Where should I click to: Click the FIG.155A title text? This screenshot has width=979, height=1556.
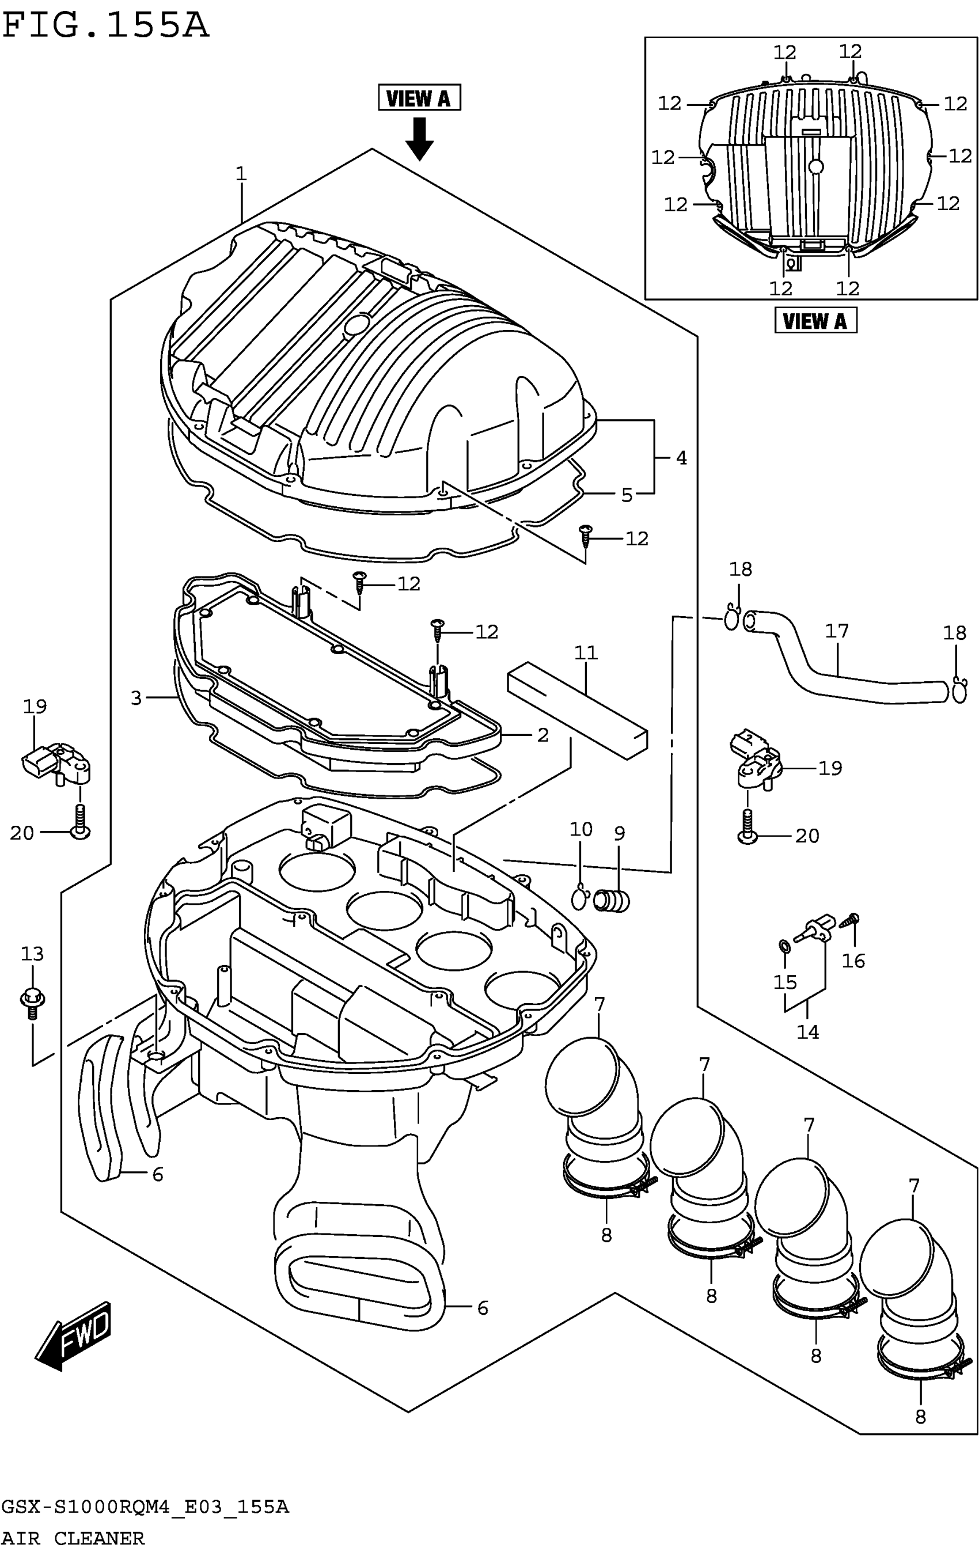coord(105,26)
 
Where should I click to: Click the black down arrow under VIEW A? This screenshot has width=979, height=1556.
coord(419,139)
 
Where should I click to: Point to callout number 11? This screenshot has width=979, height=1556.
coord(586,652)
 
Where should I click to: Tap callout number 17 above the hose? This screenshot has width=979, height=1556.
coord(837,631)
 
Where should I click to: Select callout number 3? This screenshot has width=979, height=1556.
coord(136,698)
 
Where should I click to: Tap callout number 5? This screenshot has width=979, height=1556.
coord(626,495)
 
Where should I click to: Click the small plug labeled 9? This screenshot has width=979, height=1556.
coord(613,901)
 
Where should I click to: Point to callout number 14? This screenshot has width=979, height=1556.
coord(807,1032)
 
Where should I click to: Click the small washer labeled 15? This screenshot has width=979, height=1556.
coord(784,947)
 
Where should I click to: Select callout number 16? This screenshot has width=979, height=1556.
coord(853,961)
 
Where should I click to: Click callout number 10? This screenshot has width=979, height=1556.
coord(581,829)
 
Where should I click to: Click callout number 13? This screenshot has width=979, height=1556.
coord(32,954)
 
